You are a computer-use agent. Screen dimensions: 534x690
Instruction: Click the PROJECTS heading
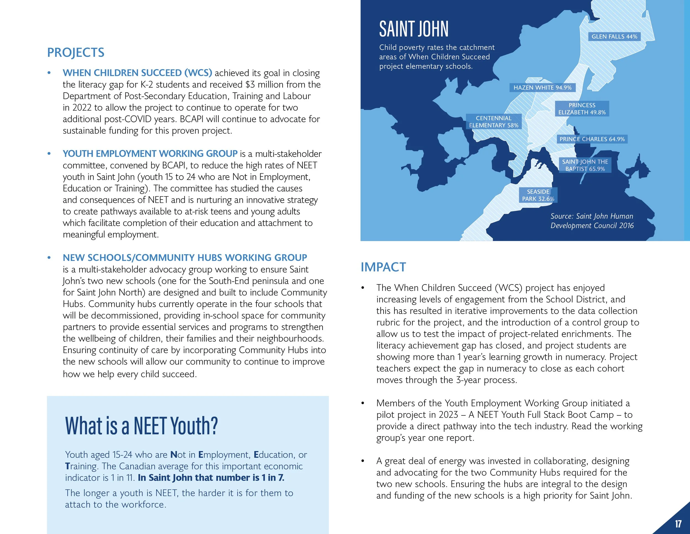point(76,53)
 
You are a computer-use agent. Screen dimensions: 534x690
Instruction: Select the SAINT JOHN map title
point(413,29)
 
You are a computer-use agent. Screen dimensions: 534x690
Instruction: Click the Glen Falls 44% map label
point(614,37)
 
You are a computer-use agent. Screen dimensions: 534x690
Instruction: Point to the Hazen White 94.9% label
point(542,88)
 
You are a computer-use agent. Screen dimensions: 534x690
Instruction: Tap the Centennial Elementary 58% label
point(493,122)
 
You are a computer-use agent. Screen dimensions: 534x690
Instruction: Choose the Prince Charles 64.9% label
point(592,139)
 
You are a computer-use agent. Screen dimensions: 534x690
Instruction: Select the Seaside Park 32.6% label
point(538,195)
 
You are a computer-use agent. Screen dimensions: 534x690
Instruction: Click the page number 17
point(678,523)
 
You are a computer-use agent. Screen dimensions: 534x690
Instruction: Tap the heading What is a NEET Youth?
point(141,426)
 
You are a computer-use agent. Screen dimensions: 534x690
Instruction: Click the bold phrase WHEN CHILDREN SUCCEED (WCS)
point(137,73)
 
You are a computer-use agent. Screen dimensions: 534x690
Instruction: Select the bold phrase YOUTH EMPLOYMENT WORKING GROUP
point(150,154)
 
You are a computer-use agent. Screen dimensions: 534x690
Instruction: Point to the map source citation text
point(592,221)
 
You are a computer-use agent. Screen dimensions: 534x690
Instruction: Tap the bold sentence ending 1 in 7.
point(211,478)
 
